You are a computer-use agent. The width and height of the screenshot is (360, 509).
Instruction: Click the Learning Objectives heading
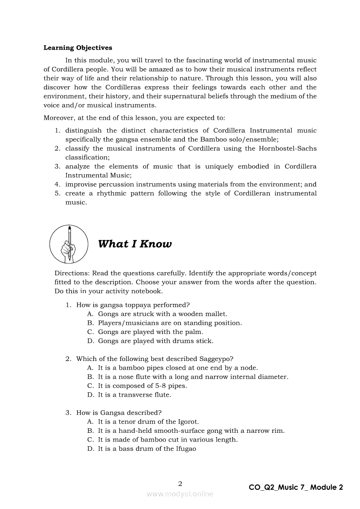click(78, 48)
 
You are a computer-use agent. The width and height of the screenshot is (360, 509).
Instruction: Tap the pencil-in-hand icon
click(69, 243)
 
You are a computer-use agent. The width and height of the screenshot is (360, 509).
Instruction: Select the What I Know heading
click(135, 244)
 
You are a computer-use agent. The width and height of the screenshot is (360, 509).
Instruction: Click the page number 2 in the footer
click(180, 483)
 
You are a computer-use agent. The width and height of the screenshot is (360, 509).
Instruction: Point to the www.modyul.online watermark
click(180, 494)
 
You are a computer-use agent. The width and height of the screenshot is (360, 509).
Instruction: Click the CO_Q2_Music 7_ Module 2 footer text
click(296, 487)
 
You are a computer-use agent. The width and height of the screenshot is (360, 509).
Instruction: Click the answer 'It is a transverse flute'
click(134, 395)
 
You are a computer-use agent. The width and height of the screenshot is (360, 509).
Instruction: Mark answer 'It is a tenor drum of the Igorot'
click(148, 421)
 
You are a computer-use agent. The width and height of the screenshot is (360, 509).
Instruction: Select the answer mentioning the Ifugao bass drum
click(147, 448)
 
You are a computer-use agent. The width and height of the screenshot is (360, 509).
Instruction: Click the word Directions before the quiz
click(71, 273)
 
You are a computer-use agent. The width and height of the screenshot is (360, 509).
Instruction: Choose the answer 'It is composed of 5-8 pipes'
click(143, 386)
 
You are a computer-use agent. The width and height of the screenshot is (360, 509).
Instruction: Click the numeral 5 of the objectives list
click(57, 193)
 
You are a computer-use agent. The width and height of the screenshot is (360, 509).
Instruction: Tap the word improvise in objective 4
click(81, 184)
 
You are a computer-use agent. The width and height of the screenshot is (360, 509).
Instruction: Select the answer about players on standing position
click(170, 323)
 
